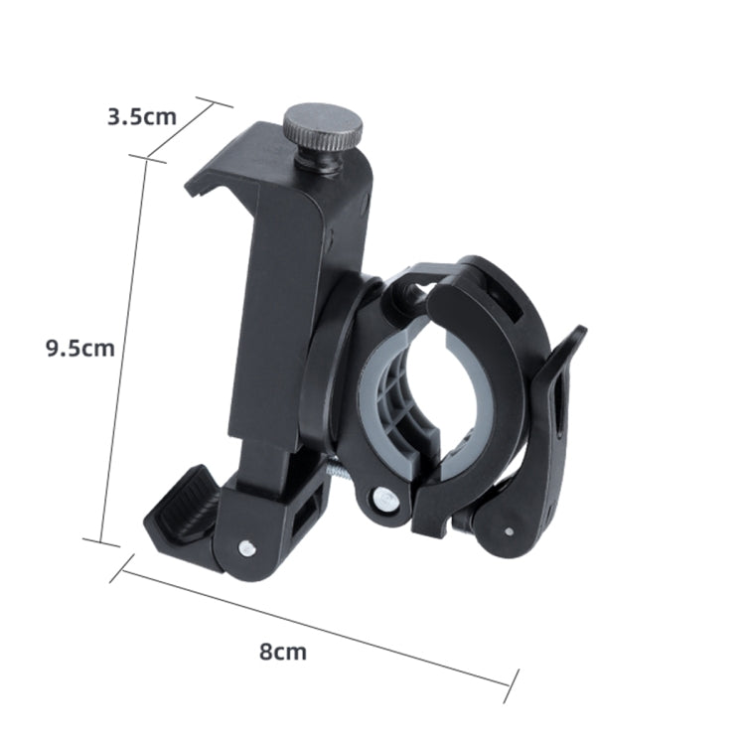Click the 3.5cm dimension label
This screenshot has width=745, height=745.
tap(141, 116)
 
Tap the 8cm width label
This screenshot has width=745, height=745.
tap(282, 652)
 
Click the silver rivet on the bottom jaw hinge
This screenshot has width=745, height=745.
tap(246, 543)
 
